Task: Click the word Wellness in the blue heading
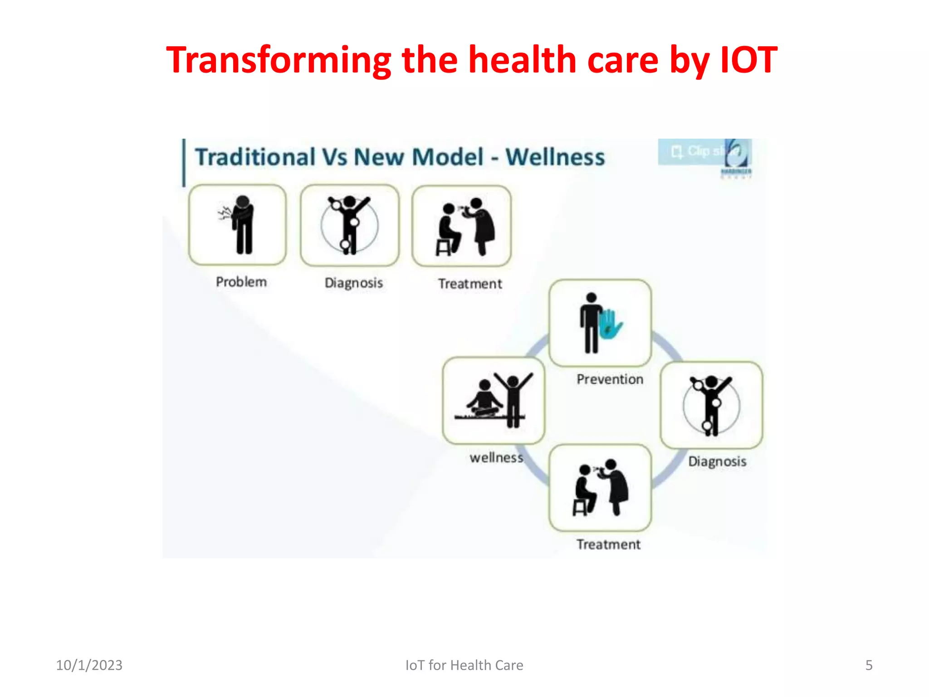555,157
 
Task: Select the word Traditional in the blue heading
255,157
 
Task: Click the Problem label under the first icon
241,282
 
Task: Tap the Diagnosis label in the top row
354,283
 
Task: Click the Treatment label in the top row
470,284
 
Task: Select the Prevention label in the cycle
610,379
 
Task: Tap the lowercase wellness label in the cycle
496,457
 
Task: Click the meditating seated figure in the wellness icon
484,399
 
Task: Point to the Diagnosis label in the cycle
717,461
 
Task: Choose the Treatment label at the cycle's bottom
608,545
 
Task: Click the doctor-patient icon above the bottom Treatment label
600,488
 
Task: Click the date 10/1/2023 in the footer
89,665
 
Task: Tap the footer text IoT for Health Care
464,665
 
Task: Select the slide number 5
869,665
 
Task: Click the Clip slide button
699,152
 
